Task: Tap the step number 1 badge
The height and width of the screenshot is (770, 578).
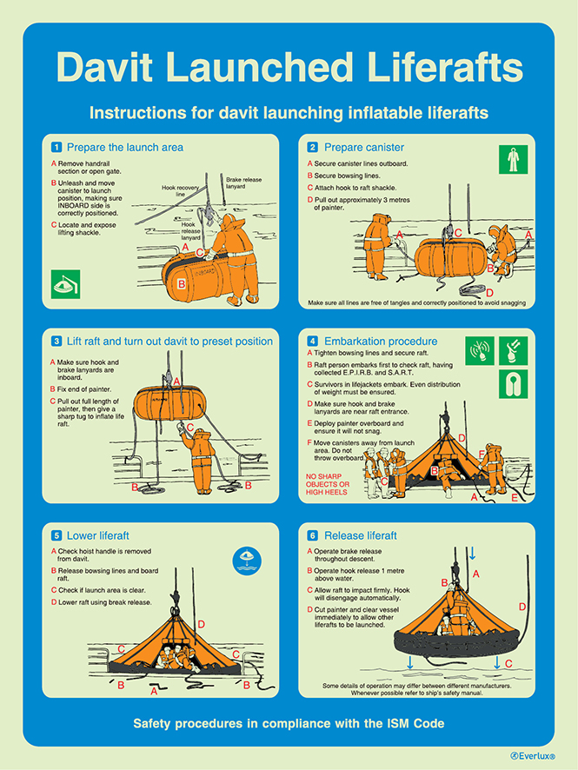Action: point(57,147)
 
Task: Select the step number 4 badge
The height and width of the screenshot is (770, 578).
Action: point(313,341)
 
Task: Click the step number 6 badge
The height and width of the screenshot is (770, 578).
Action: point(313,535)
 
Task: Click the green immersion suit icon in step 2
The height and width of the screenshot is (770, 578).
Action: point(513,161)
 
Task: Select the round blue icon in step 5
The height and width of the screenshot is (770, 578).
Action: point(248,560)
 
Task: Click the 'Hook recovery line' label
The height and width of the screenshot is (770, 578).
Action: point(180,191)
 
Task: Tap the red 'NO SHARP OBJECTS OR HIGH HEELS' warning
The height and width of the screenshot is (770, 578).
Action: point(326,484)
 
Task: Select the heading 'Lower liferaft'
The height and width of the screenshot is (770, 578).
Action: point(98,535)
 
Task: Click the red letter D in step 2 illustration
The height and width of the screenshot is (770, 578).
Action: point(489,293)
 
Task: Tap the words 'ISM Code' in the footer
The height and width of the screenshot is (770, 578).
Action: point(417,722)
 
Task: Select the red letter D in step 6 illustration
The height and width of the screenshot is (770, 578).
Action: point(522,607)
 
